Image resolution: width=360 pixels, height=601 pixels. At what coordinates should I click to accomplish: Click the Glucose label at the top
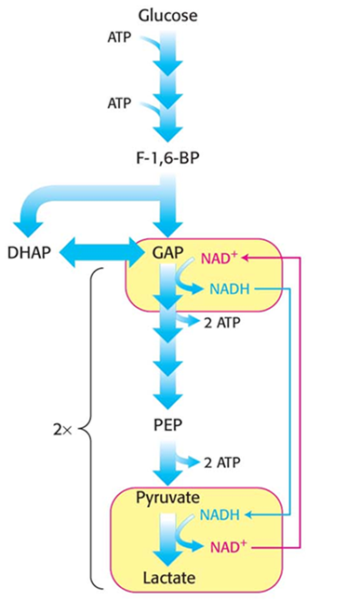(167, 15)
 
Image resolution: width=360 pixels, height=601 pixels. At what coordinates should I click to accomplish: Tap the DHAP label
(29, 252)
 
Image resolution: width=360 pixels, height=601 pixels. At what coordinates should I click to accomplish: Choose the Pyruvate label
(167, 497)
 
